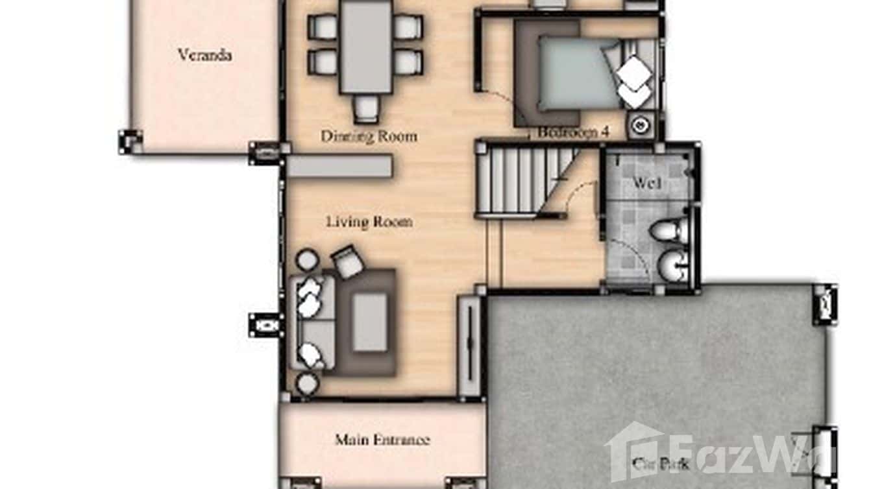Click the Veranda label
(x=204, y=55)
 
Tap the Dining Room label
(x=369, y=136)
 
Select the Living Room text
(x=369, y=222)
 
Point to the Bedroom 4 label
(x=573, y=132)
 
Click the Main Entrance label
(x=382, y=440)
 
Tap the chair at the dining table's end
(x=366, y=108)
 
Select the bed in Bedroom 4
(x=578, y=72)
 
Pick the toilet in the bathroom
(x=669, y=231)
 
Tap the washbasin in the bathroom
(x=671, y=267)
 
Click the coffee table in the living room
(x=370, y=322)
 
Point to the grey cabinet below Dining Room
(x=339, y=166)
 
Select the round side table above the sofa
(x=306, y=261)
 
